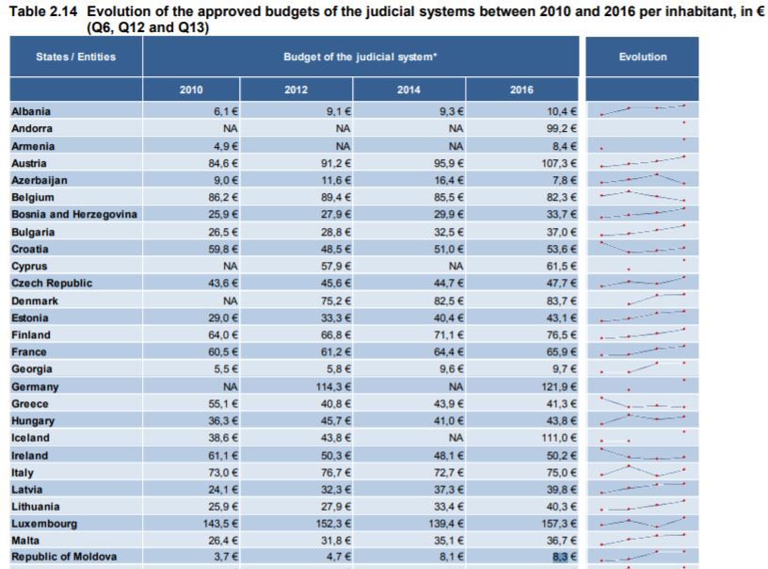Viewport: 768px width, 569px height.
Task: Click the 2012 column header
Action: tap(296, 89)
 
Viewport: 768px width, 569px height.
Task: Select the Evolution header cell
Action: tap(642, 57)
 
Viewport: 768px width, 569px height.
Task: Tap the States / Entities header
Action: tap(76, 57)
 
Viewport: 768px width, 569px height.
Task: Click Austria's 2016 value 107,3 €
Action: tap(559, 163)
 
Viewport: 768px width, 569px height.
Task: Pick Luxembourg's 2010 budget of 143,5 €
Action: tap(220, 524)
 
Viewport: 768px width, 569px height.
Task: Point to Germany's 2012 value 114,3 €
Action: tap(333, 386)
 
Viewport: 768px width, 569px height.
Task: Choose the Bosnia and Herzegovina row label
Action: tap(74, 214)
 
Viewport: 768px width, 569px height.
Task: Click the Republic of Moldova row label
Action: tap(64, 557)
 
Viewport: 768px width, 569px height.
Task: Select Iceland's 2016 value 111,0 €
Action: tap(559, 438)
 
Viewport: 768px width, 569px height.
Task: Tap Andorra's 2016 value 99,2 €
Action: tap(561, 128)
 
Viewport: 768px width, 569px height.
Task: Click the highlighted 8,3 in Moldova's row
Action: tap(560, 557)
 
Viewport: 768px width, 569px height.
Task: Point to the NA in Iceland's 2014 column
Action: tap(456, 438)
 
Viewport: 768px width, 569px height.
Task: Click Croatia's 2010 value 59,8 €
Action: tap(223, 249)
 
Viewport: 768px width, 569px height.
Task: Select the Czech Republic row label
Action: tap(52, 284)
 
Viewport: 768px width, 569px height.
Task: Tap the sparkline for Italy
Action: tap(643, 471)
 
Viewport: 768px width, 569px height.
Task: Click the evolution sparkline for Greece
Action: tap(643, 403)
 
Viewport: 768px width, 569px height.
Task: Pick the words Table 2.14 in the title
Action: tap(43, 11)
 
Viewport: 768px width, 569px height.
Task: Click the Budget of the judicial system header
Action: tap(360, 57)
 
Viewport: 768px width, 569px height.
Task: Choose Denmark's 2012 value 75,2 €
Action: tap(336, 301)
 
